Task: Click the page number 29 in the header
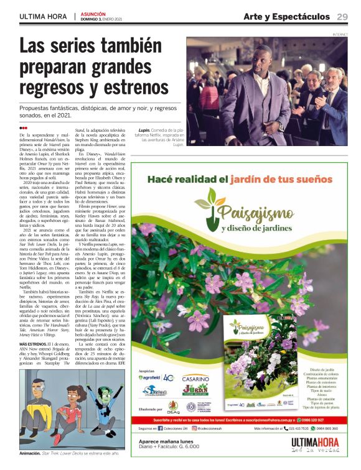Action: click(342, 16)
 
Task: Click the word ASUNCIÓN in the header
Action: click(93, 13)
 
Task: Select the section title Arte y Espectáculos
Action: click(286, 16)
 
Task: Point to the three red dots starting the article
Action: click(24, 127)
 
